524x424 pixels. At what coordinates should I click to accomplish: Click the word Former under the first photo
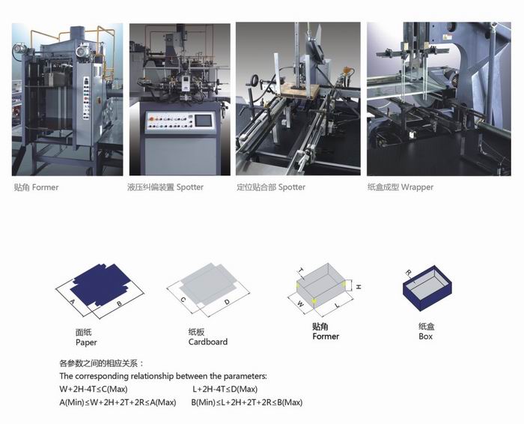click(45, 187)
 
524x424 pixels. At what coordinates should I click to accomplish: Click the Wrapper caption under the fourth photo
click(417, 187)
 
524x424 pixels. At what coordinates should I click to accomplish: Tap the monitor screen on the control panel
click(203, 121)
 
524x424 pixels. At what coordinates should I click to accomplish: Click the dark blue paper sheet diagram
click(100, 284)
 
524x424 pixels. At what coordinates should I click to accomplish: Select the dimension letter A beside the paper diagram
click(72, 301)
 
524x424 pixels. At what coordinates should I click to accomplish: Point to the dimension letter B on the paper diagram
click(119, 303)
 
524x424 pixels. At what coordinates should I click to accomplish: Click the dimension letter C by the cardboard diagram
click(183, 300)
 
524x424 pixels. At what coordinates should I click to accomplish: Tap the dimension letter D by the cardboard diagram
click(227, 302)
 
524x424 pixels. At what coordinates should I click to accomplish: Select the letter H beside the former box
click(359, 287)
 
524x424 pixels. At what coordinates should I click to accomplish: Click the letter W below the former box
click(300, 303)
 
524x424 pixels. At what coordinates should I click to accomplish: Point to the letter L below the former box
click(338, 305)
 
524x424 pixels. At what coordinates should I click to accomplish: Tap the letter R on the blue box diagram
click(408, 273)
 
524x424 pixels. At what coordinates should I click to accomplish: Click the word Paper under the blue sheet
click(86, 342)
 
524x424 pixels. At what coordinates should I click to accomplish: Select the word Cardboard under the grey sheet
click(208, 342)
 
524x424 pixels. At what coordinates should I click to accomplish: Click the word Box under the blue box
click(425, 336)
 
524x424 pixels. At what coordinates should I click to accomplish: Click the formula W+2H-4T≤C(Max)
click(94, 390)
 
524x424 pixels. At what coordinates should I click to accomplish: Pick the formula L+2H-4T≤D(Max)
click(225, 390)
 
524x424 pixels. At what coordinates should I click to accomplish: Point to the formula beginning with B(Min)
click(247, 402)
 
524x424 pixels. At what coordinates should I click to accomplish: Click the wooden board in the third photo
click(299, 91)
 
